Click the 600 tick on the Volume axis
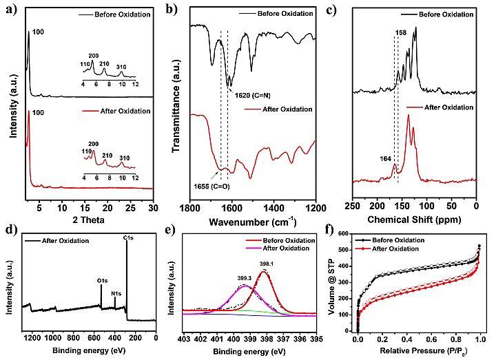click(x=346, y=234)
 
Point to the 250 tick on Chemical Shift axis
click(x=353, y=197)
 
